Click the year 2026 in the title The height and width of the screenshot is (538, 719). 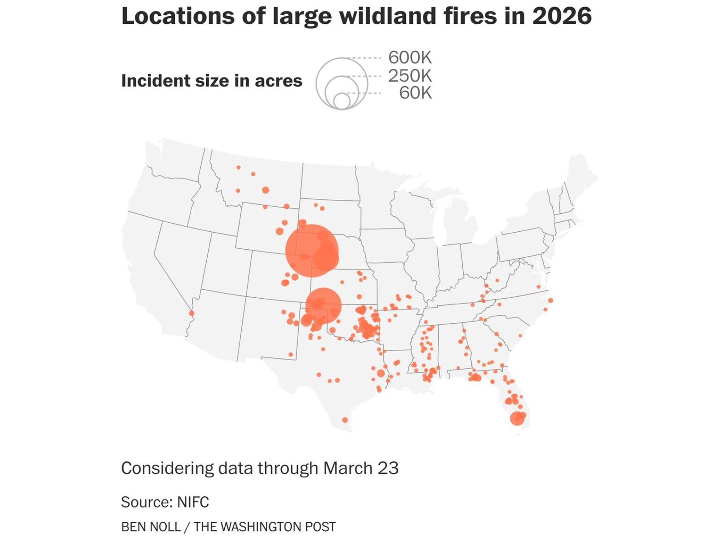point(562,16)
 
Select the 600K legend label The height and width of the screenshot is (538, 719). point(409,57)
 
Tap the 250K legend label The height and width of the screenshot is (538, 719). point(409,76)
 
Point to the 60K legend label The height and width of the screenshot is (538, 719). point(415,93)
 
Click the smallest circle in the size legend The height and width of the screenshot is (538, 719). point(342,101)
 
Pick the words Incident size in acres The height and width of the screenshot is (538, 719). point(212,81)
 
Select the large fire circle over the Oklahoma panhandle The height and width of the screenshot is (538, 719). point(323,305)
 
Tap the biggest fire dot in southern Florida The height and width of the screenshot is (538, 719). point(517,419)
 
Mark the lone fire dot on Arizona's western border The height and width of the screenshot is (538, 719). point(192,313)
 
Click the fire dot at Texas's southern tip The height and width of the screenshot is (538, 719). point(345,420)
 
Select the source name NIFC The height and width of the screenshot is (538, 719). point(193,502)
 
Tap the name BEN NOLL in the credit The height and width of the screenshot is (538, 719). point(151,526)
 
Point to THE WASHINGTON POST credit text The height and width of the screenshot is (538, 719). point(265,526)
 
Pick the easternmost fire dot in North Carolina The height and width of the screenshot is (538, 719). point(550,300)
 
